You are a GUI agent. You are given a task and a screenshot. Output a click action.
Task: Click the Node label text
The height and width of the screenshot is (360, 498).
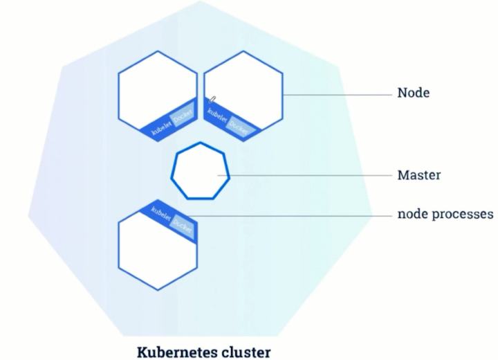click(x=413, y=93)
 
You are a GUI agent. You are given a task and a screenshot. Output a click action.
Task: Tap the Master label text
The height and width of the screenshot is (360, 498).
click(x=419, y=175)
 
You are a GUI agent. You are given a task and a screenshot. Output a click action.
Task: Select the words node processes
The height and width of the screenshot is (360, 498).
click(x=445, y=214)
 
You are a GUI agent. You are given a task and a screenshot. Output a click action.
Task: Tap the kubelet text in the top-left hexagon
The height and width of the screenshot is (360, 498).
click(x=162, y=127)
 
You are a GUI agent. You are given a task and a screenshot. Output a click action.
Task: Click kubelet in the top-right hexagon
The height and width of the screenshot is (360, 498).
click(x=217, y=115)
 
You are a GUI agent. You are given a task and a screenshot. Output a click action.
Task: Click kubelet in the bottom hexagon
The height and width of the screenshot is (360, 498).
click(x=161, y=213)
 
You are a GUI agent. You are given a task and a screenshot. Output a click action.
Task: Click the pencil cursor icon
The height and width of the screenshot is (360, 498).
click(x=212, y=100)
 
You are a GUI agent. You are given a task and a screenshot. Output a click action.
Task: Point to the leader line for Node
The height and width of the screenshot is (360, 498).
click(x=338, y=95)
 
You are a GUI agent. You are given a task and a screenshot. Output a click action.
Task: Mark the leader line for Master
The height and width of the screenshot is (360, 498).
click(x=305, y=175)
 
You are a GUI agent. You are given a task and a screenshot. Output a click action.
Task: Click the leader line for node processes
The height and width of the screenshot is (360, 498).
click(x=290, y=216)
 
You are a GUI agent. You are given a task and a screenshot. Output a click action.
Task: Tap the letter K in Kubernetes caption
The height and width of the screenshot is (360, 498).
click(x=142, y=352)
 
